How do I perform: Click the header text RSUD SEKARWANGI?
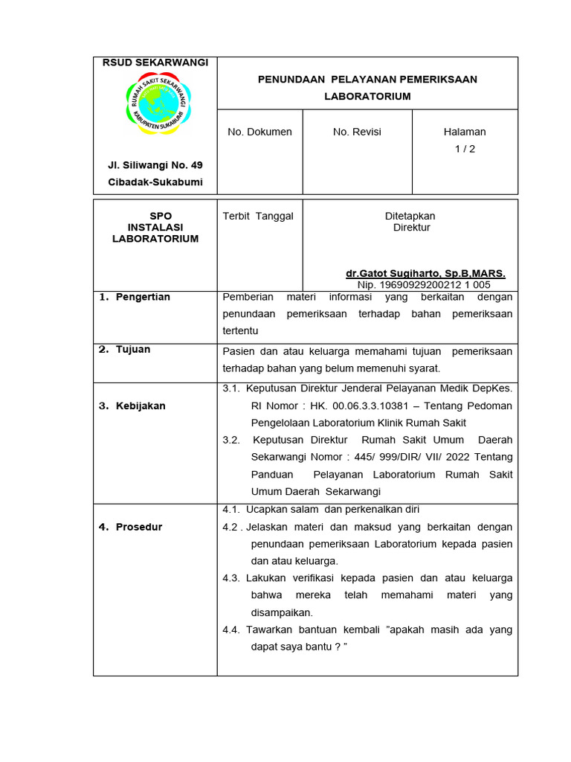point(155,63)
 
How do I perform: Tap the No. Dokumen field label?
point(259,132)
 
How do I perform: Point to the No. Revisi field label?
point(357,132)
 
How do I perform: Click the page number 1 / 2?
point(465,149)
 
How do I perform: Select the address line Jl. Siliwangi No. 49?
point(155,165)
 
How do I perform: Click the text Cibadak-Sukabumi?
point(155,182)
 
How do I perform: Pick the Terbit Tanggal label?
point(258,216)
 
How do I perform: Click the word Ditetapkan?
point(410,216)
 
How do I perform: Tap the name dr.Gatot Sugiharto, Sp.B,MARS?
point(425,274)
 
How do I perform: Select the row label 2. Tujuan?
point(125,349)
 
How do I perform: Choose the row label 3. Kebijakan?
point(132,406)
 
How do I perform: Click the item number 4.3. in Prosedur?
point(231,578)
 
